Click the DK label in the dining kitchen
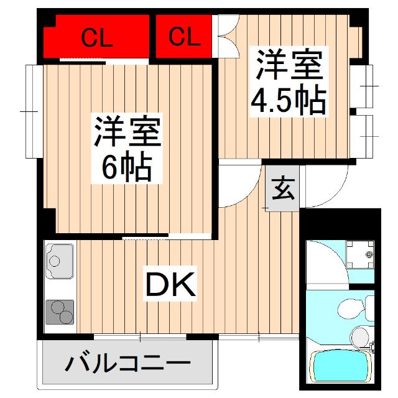[171, 285]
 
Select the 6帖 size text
[127, 167]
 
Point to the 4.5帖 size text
[288, 101]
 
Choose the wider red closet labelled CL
[97, 39]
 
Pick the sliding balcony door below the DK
[140, 336]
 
